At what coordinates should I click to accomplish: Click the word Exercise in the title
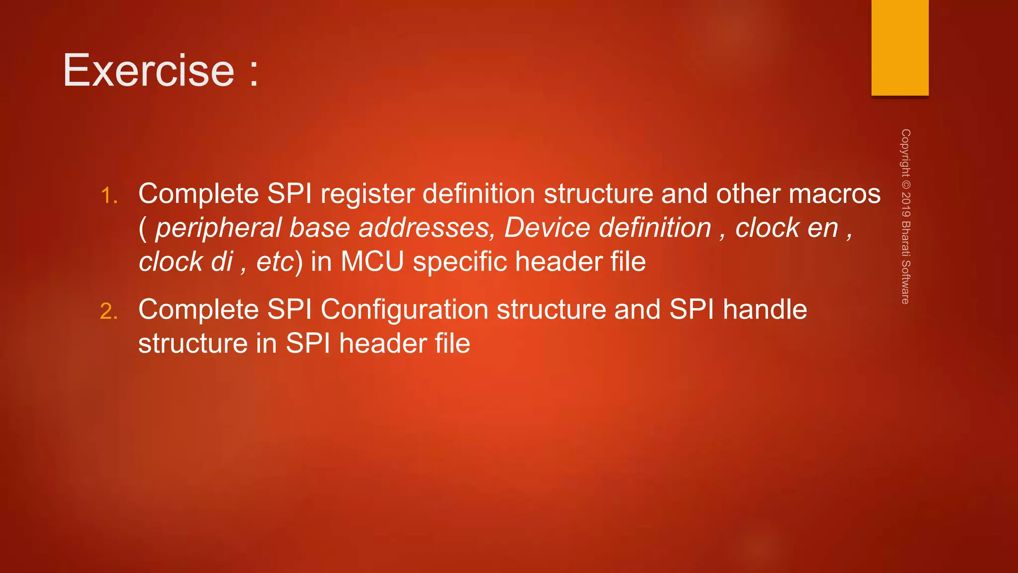click(148, 71)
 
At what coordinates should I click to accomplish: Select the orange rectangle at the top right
click(900, 48)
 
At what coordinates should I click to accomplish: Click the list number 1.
click(108, 195)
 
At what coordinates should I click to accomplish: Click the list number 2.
click(108, 312)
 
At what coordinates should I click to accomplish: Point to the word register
click(367, 194)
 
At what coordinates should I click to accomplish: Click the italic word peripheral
click(218, 228)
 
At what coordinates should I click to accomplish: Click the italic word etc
click(275, 262)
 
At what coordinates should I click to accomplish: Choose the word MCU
click(372, 262)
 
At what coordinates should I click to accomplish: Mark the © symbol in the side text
click(906, 185)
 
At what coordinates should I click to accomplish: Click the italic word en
click(823, 228)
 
